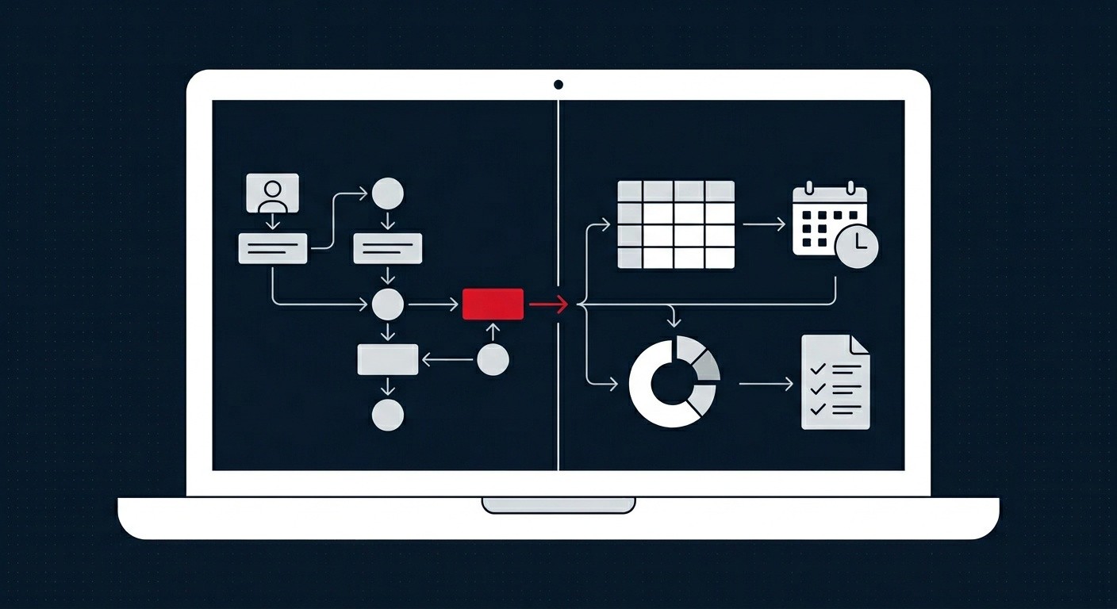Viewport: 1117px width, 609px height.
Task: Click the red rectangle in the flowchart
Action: click(493, 304)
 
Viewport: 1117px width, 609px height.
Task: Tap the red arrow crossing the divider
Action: click(548, 304)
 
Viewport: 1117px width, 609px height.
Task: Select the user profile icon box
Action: click(272, 193)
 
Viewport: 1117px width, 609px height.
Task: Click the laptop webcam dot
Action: click(558, 84)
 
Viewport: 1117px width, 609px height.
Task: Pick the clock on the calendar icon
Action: click(857, 247)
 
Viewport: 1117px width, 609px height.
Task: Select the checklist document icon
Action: click(835, 382)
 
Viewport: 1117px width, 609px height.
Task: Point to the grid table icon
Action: click(676, 224)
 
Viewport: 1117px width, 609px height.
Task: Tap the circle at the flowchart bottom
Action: click(388, 415)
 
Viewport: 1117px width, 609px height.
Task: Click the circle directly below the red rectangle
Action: click(493, 360)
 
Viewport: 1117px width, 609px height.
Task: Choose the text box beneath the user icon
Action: click(272, 248)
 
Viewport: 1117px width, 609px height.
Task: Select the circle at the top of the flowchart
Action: click(388, 193)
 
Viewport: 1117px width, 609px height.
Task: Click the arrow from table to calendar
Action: click(764, 224)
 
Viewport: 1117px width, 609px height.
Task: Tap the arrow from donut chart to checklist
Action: click(766, 384)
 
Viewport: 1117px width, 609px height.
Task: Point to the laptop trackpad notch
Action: click(558, 505)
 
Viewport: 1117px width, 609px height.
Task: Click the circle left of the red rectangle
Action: click(388, 304)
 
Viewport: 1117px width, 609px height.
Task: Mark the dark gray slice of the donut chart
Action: click(704, 364)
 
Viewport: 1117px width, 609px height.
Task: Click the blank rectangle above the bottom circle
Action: click(388, 359)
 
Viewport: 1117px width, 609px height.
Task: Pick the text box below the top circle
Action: click(388, 248)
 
